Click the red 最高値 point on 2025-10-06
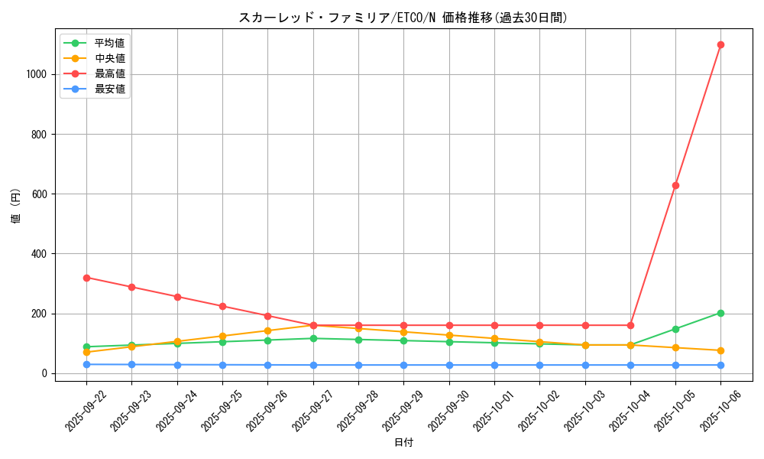pyautogui.click(x=720, y=44)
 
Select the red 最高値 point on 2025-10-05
pyautogui.click(x=675, y=185)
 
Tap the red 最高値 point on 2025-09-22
pyautogui.click(x=86, y=278)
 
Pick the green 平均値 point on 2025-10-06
pyautogui.click(x=720, y=313)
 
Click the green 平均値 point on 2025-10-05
pyautogui.click(x=675, y=329)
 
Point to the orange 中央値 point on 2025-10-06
pyautogui.click(x=720, y=350)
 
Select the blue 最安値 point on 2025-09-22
pyautogui.click(x=86, y=364)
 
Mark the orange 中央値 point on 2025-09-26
pyautogui.click(x=267, y=330)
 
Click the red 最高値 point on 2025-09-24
pyautogui.click(x=177, y=297)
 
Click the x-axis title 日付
pyautogui.click(x=403, y=443)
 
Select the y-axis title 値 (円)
pyautogui.click(x=16, y=207)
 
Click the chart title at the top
pyautogui.click(x=403, y=18)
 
